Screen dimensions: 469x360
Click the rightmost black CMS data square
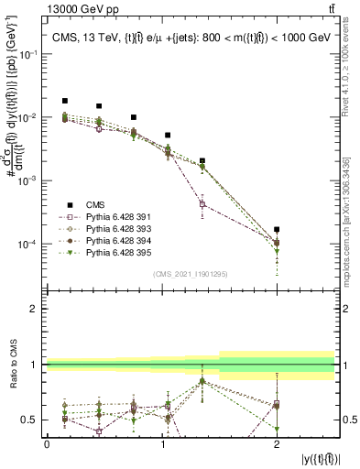[x=277, y=230]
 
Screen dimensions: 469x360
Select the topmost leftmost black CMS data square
[x=64, y=101]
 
